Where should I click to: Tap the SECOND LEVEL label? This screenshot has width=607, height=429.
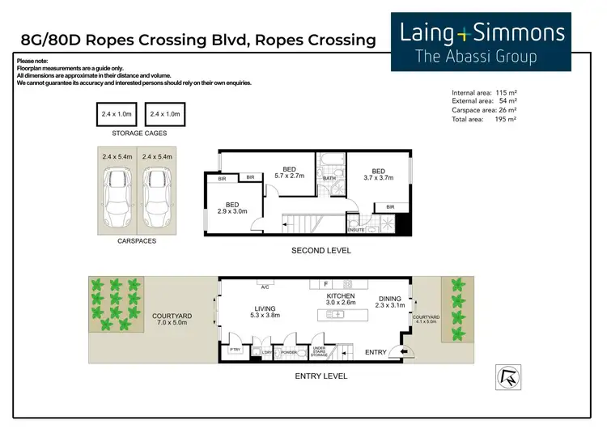[321, 251]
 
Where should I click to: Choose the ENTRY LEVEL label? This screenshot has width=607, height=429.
[321, 376]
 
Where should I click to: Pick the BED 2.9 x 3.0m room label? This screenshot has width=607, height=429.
[231, 208]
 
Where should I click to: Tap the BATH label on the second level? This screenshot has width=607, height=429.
[329, 178]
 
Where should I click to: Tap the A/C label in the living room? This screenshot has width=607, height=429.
[264, 286]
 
